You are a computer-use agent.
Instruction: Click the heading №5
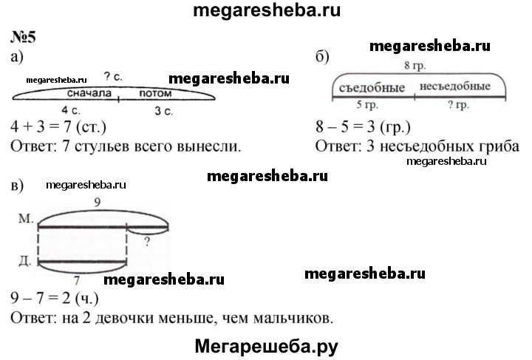23,37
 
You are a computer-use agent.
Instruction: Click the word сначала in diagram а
89,93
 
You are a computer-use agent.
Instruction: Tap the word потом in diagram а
155,93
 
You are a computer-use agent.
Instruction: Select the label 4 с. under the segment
71,110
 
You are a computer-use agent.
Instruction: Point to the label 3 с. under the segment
163,111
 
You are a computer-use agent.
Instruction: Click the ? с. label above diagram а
113,77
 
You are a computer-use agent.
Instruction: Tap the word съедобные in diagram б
372,88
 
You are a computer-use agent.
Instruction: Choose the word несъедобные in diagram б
454,86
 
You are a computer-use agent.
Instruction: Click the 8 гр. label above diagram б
415,65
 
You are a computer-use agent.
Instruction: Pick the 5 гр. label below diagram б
367,104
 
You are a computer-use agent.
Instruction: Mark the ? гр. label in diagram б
459,104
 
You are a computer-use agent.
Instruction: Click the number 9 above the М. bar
98,203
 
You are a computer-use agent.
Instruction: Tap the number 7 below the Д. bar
77,280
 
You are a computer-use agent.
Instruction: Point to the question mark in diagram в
147,242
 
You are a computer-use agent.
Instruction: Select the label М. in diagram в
26,218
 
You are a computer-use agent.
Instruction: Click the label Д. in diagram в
25,261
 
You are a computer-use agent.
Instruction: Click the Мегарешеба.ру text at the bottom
266,347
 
